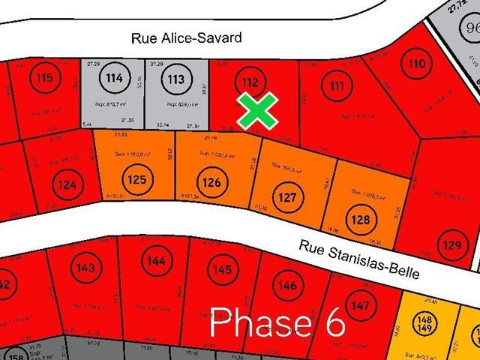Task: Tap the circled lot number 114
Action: point(115,77)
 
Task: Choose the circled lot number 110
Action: point(417,65)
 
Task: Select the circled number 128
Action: point(361,220)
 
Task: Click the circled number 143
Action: point(86,268)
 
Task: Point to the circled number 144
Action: point(157,262)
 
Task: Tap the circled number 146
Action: point(287,285)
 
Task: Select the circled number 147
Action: point(360,306)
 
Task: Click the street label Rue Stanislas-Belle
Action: point(358,259)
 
